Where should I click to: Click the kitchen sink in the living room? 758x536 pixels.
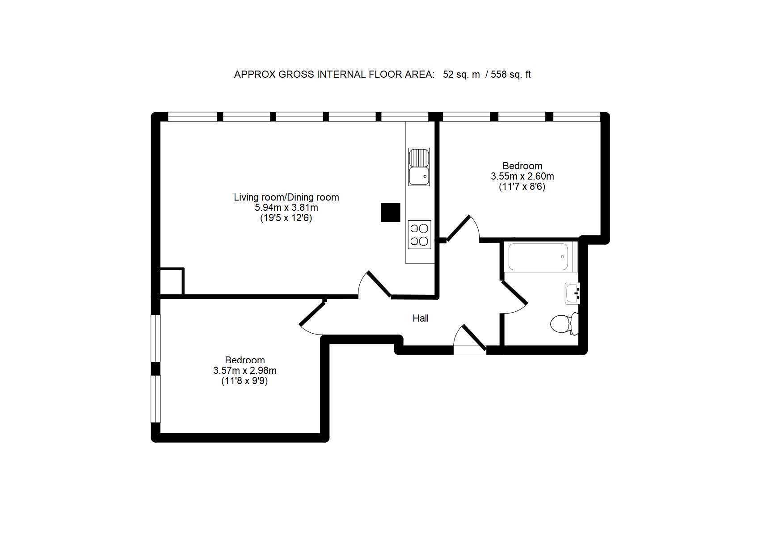pos(419,167)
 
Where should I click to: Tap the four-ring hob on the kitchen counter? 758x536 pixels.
pos(419,234)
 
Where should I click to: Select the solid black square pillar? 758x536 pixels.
pos(391,212)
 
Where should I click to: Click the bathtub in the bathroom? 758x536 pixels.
pos(541,257)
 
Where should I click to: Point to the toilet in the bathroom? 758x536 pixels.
pos(564,324)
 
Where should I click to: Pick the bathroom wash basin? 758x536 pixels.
pos(572,293)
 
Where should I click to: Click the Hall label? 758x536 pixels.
pos(421,318)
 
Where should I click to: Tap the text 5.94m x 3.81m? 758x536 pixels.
pos(286,207)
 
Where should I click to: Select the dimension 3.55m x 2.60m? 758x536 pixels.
pos(522,176)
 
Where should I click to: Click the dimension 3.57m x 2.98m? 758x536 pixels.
pos(244,370)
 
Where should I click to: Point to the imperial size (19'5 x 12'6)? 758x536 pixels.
pos(286,218)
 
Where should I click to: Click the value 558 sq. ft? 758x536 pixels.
pos(511,75)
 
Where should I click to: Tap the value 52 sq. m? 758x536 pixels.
pos(461,75)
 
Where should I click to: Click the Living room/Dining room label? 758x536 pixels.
pos(286,197)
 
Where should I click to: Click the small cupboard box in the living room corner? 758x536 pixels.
pos(172,281)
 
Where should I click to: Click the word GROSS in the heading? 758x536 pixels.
pos(296,75)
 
